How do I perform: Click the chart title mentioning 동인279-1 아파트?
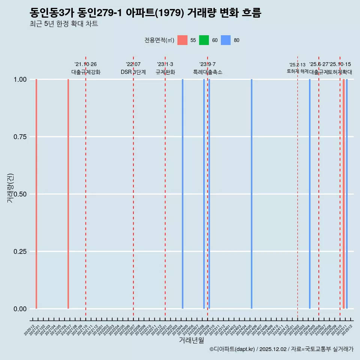[x=145, y=13]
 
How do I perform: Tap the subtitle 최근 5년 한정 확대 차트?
[x=64, y=24]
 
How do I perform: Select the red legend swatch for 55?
[x=182, y=40]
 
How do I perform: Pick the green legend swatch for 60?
[x=204, y=40]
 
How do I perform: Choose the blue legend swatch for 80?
[x=226, y=40]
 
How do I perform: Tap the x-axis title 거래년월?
[x=191, y=340]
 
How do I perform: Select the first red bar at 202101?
[x=36, y=194]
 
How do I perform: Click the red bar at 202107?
[x=68, y=194]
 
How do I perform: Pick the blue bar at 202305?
[x=183, y=194]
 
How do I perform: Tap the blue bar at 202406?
[x=252, y=194]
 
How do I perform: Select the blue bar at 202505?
[x=310, y=194]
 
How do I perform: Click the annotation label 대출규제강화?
[x=86, y=72]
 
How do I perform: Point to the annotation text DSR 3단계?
[x=133, y=72]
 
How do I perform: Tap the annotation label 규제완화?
[x=165, y=72]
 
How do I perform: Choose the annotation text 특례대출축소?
[x=208, y=72]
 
